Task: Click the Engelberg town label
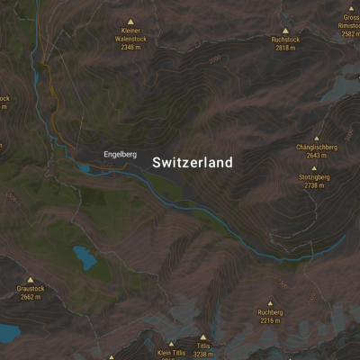pos(120,155)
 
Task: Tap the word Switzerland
pos(193,163)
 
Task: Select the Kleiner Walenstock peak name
pos(131,35)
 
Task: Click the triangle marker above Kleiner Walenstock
pos(131,21)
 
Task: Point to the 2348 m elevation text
pos(131,48)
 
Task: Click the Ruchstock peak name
pos(285,40)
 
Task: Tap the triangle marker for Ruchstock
pos(285,31)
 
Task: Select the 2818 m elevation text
pos(285,49)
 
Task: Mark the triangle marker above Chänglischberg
pos(316,138)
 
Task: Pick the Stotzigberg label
pos(314,177)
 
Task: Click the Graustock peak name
pos(30,289)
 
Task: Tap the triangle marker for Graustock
pos(30,279)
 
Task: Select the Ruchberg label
pos(270,312)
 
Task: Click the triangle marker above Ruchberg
pos(270,303)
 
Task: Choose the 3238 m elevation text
pos(203,355)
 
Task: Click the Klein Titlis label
pos(171,353)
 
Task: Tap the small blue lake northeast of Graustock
pos(85,257)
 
